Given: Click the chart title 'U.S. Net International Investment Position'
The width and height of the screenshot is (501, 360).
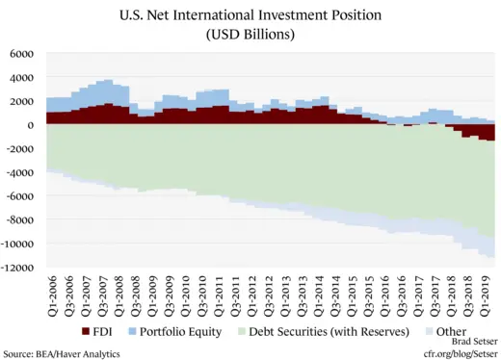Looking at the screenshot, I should coord(250,15).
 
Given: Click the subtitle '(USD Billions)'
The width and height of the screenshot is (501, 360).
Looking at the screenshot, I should coord(250,35).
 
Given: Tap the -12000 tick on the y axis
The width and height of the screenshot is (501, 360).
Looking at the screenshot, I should coord(18,267).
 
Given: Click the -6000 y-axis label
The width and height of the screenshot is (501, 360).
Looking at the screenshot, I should coord(21,195).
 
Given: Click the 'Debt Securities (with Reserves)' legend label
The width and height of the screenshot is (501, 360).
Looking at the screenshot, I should coord(324,331).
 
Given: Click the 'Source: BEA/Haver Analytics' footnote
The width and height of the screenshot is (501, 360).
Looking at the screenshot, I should coord(61,353).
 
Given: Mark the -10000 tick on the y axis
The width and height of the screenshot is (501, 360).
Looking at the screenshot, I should coord(18,243).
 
